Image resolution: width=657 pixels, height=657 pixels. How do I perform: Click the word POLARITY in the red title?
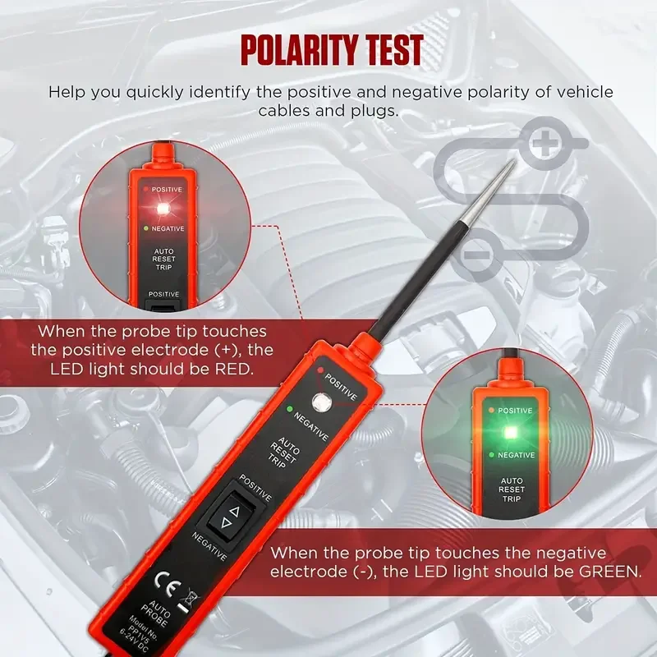coord(293,51)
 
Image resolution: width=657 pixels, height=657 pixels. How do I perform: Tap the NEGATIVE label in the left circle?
coord(167,228)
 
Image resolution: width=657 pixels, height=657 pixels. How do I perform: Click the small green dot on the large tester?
coord(289,407)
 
